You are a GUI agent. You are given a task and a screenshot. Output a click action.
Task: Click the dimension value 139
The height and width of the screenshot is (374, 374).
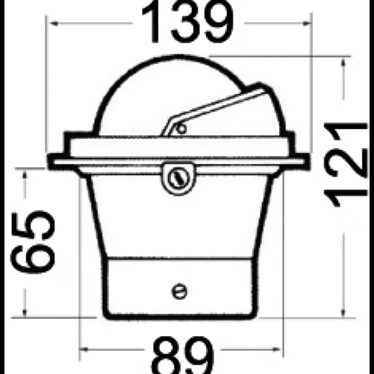[x=188, y=22]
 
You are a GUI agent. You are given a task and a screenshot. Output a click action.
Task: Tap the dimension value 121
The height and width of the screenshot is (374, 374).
[x=346, y=164]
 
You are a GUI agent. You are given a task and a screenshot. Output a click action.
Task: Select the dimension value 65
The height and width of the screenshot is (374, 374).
[x=33, y=242]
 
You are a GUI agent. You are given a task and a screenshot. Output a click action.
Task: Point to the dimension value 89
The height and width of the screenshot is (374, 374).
[x=183, y=355]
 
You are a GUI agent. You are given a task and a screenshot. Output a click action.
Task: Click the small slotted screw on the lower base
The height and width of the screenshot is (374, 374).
[x=179, y=291]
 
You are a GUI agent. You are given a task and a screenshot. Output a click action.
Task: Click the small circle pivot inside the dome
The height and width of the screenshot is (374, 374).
[x=181, y=129]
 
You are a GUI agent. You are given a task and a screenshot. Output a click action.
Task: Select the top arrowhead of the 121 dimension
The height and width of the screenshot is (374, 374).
[x=343, y=63]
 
